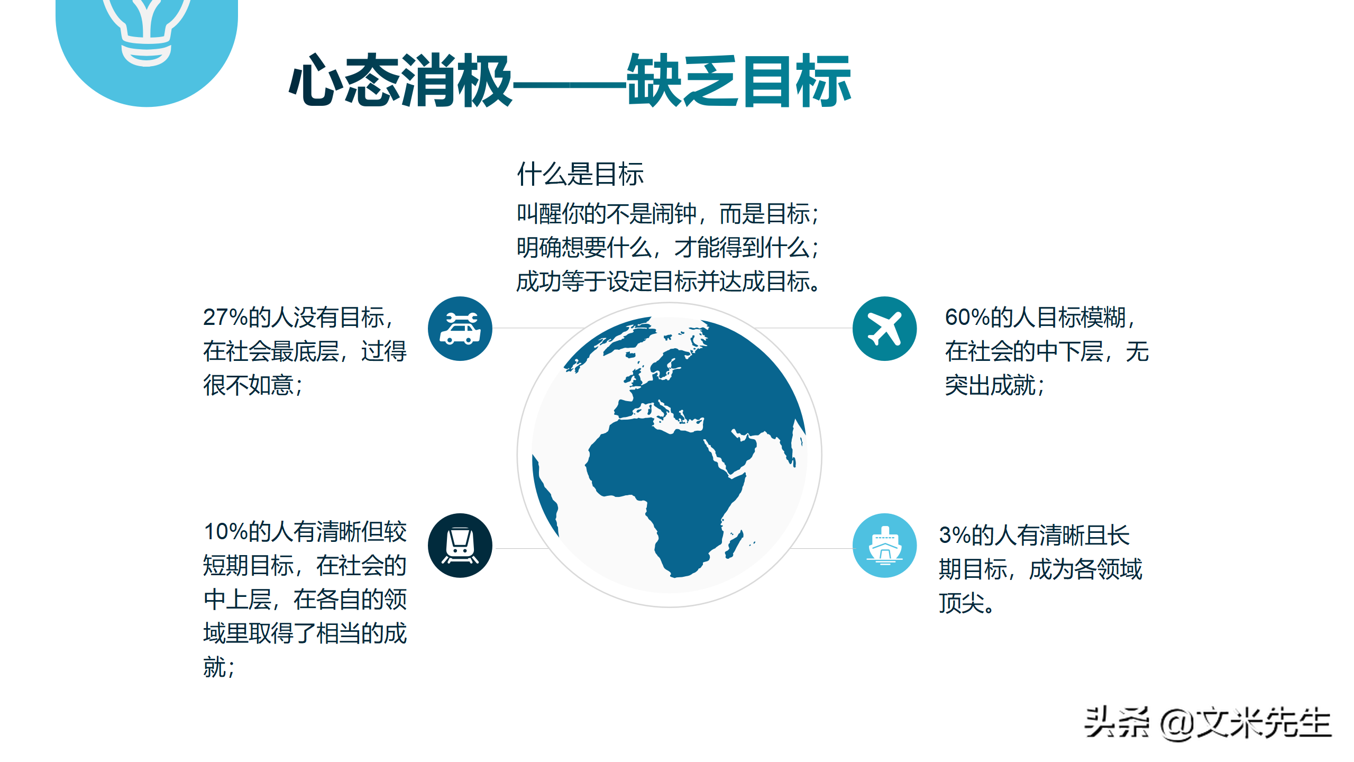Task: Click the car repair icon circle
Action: pyautogui.click(x=460, y=329)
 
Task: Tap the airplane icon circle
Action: pyautogui.click(x=884, y=329)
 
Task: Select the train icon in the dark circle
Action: pyautogui.click(x=460, y=546)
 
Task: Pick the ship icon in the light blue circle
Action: pyautogui.click(x=884, y=546)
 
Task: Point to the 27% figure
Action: pyautogui.click(x=225, y=317)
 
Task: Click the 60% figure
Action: pyautogui.click(x=967, y=317)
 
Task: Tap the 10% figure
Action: pyautogui.click(x=225, y=532)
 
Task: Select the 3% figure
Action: pyautogui.click(x=955, y=536)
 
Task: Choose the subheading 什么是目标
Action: pyautogui.click(x=580, y=174)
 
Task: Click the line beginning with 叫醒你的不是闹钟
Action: pyautogui.click(x=667, y=214)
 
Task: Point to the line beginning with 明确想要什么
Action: pyautogui.click(x=667, y=248)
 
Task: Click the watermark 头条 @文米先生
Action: pyautogui.click(x=1207, y=723)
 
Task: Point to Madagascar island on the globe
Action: pyautogui.click(x=734, y=545)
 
